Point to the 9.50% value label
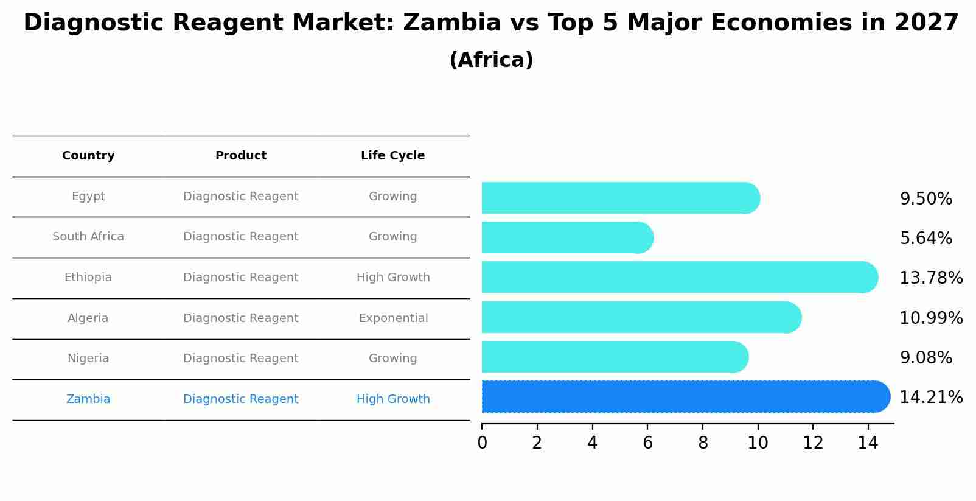(925, 199)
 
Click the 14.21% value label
(930, 398)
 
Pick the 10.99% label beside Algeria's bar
(930, 318)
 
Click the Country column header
(88, 156)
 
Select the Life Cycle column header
(392, 156)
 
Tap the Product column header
(240, 156)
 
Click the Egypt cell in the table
(88, 197)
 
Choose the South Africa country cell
(88, 237)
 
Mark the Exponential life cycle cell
(393, 318)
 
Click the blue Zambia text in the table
(88, 399)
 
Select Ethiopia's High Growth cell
(393, 278)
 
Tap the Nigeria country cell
(88, 359)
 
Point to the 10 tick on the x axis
(758, 443)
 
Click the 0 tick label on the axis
(482, 443)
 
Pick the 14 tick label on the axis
(868, 443)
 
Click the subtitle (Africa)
(491, 60)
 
